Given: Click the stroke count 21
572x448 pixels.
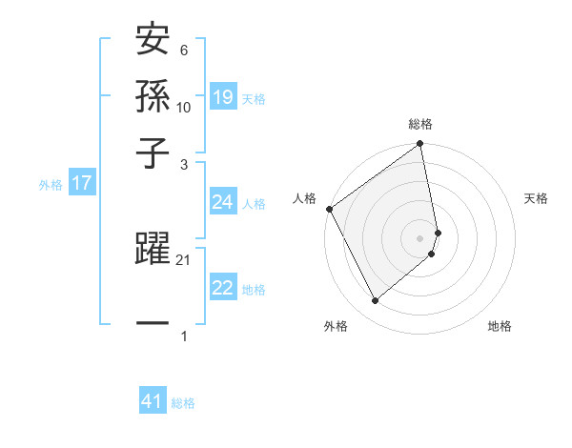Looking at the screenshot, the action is [x=184, y=260].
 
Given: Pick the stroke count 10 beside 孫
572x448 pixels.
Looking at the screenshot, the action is [x=184, y=107].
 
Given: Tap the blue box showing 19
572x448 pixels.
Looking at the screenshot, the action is [x=222, y=96].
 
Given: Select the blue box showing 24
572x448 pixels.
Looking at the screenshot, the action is [x=222, y=202].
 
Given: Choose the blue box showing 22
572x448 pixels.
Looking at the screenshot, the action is [x=222, y=288].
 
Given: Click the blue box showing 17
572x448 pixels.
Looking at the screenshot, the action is [x=81, y=183].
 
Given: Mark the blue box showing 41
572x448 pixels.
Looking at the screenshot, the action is [x=153, y=401].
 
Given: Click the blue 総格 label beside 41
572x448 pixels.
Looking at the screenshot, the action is [x=183, y=403].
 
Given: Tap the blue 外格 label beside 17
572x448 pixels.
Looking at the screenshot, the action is [x=50, y=185].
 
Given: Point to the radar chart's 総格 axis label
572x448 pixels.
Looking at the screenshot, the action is [x=420, y=125].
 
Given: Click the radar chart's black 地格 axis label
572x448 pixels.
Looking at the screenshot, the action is [x=500, y=327].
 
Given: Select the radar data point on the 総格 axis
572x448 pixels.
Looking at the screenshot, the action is [x=420, y=145].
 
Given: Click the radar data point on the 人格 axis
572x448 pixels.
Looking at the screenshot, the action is [x=329, y=209].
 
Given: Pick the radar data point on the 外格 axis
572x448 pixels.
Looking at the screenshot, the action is [x=375, y=300].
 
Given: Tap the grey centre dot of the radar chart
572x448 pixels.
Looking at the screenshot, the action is [x=420, y=237].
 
